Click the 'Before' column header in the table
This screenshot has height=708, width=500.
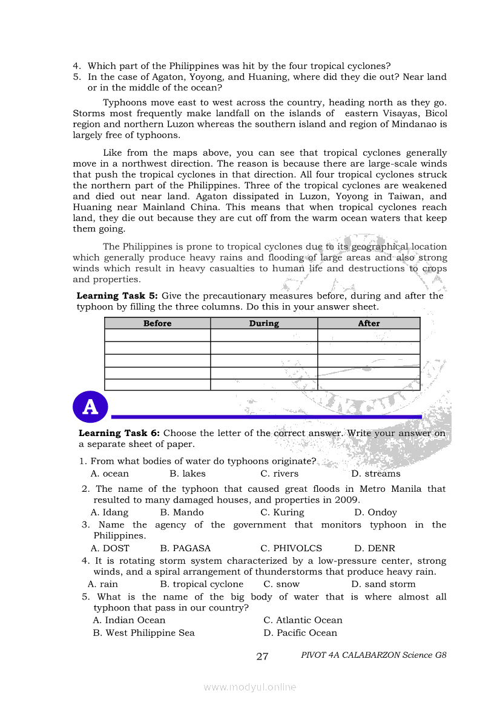pyautogui.click(x=157, y=323)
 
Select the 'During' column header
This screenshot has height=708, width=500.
pyautogui.click(x=264, y=323)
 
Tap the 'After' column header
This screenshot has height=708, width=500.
pyautogui.click(x=369, y=323)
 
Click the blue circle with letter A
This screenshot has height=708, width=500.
pyautogui.click(x=90, y=407)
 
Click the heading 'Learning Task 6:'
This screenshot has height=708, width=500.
pyautogui.click(x=119, y=433)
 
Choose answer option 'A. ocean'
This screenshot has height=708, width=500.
pyautogui.click(x=110, y=474)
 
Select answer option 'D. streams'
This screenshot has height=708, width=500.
pyautogui.click(x=375, y=474)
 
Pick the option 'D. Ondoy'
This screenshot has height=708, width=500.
pyautogui.click(x=375, y=512)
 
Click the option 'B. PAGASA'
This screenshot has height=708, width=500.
pyautogui.click(x=185, y=548)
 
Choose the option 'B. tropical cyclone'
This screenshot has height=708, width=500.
pyautogui.click(x=202, y=584)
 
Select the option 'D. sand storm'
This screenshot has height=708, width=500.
pyautogui.click(x=383, y=584)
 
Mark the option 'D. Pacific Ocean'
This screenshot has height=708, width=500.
pyautogui.click(x=300, y=633)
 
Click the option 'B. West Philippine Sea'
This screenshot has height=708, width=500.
pyautogui.click(x=143, y=633)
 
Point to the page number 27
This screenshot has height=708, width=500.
pyautogui.click(x=262, y=657)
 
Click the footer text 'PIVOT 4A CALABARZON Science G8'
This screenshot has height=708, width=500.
pyautogui.click(x=373, y=655)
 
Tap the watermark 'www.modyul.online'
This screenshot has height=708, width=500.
pyautogui.click(x=250, y=687)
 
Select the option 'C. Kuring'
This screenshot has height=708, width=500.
pyautogui.click(x=282, y=512)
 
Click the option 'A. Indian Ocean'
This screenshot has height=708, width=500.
pyautogui.click(x=129, y=620)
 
